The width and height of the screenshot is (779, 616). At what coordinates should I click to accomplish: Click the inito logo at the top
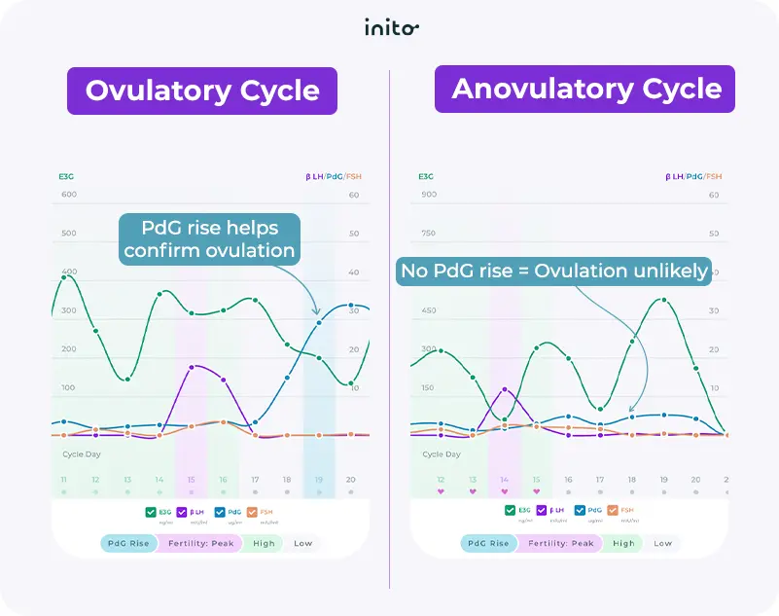(391, 27)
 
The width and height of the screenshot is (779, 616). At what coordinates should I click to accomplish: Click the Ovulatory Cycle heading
(202, 91)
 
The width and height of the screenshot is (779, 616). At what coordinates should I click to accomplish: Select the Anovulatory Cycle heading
(586, 90)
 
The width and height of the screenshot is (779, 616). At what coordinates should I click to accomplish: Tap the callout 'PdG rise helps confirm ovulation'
(209, 238)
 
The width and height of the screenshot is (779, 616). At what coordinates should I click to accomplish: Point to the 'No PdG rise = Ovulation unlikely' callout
(552, 271)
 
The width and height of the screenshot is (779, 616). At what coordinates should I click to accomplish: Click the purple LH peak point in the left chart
(192, 367)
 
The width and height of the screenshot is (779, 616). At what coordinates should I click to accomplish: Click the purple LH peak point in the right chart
(505, 389)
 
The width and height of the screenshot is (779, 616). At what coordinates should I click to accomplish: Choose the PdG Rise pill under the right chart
(488, 543)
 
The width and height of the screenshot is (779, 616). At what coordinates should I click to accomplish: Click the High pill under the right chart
(623, 543)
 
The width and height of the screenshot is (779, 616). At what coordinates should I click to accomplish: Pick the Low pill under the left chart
(303, 543)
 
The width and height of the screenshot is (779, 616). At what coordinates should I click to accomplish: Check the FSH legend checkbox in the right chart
(612, 510)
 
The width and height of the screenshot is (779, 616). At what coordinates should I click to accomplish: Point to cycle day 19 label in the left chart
(318, 480)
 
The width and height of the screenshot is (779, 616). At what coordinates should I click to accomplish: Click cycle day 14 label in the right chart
(504, 480)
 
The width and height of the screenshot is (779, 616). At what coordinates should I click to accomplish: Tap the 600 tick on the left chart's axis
(69, 195)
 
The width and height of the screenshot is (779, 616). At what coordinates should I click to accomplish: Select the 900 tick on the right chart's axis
(429, 195)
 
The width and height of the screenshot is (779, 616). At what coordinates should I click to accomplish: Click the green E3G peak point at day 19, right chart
(664, 300)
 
